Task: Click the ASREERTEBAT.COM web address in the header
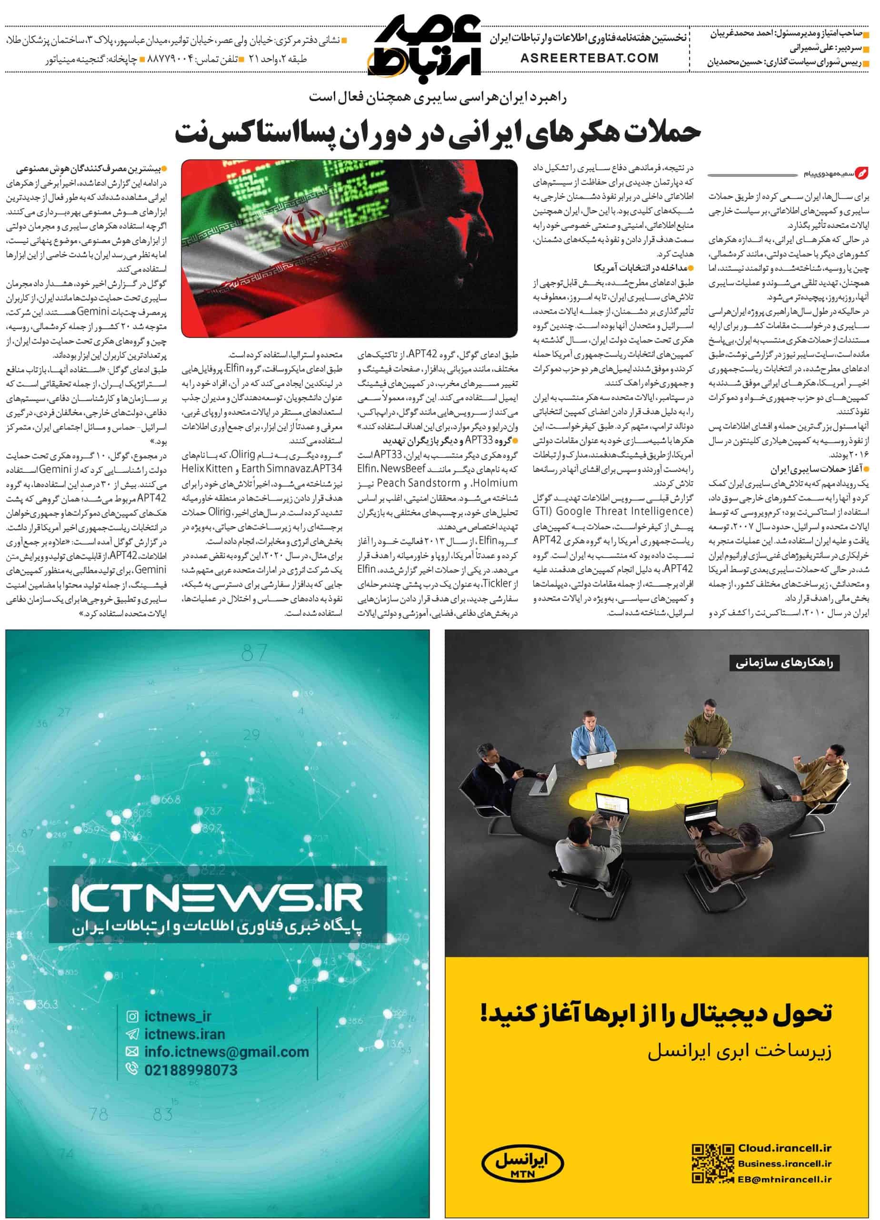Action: [589, 58]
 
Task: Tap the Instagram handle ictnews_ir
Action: [178, 1017]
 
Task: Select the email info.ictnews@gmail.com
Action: [226, 1052]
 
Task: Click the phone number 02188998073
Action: [191, 1069]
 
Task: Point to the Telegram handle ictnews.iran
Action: [184, 1034]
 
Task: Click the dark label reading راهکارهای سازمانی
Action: [787, 663]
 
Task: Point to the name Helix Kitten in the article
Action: [208, 468]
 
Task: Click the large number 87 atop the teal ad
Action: [254, 653]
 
